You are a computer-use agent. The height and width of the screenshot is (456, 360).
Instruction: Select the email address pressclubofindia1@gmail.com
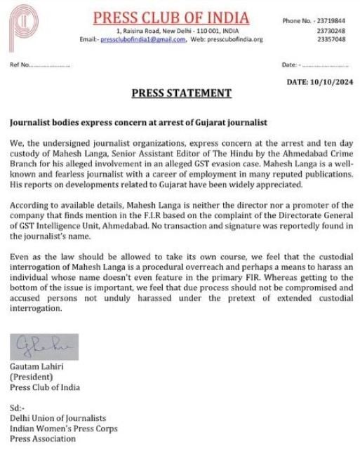click(144, 39)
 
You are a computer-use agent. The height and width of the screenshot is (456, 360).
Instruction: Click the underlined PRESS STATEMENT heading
click(180, 93)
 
